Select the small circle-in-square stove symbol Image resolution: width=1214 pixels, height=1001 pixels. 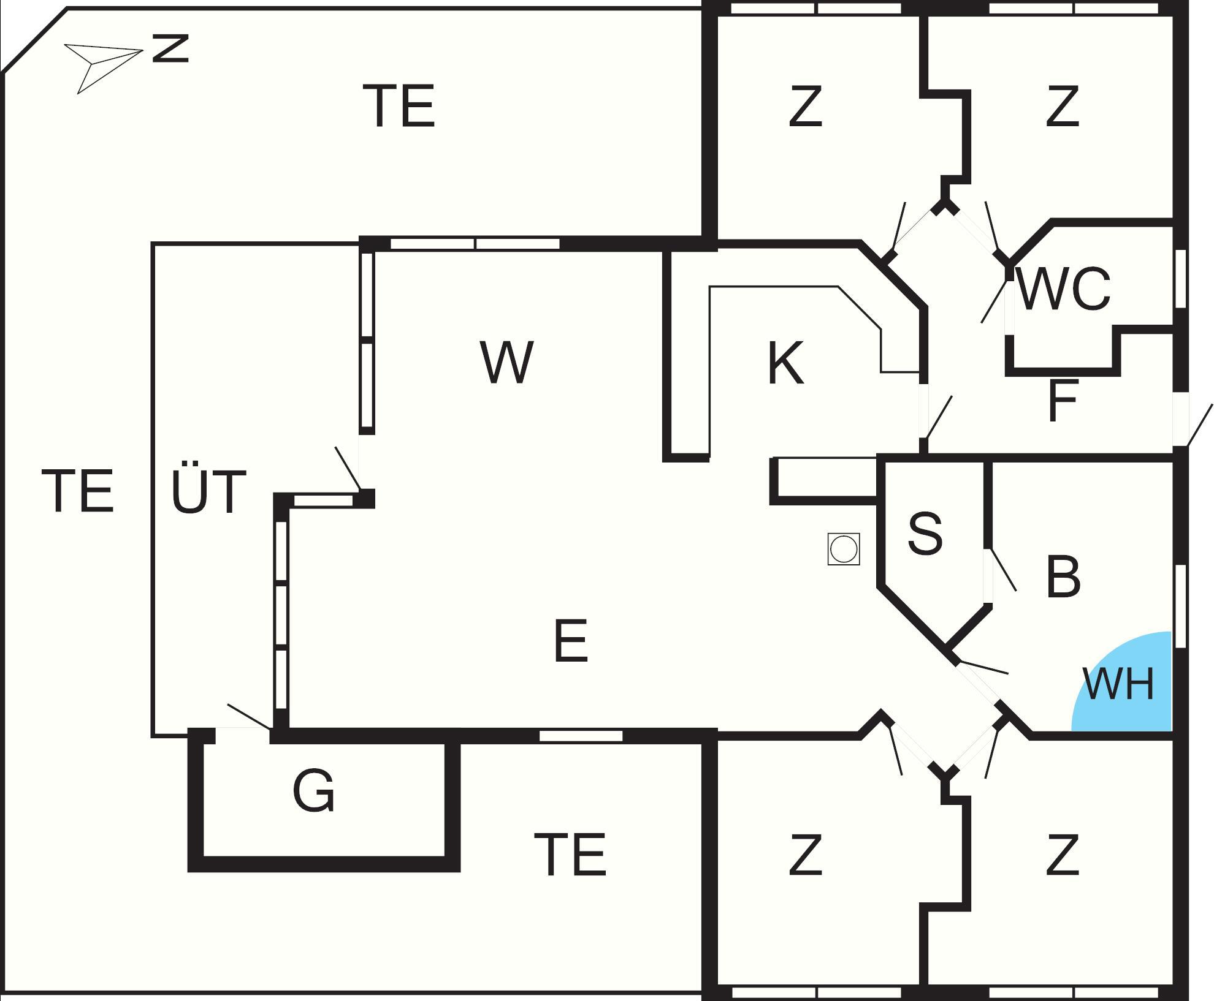(x=843, y=548)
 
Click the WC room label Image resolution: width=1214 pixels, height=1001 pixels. (x=1063, y=289)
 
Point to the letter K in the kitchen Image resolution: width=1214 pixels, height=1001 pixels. (x=785, y=363)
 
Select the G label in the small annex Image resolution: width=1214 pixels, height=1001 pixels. (x=314, y=791)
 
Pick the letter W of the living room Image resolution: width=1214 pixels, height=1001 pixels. (x=506, y=362)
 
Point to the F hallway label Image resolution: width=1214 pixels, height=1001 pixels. (x=1063, y=401)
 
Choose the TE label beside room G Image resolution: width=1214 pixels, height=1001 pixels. (x=570, y=855)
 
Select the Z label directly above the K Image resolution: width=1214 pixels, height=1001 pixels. (x=805, y=107)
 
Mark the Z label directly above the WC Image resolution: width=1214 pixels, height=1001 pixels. (x=1063, y=107)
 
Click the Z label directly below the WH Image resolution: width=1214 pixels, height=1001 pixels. (x=1063, y=855)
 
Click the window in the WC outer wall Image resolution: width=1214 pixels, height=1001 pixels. (x=1180, y=279)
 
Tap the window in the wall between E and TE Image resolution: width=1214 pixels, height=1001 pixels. (x=581, y=736)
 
